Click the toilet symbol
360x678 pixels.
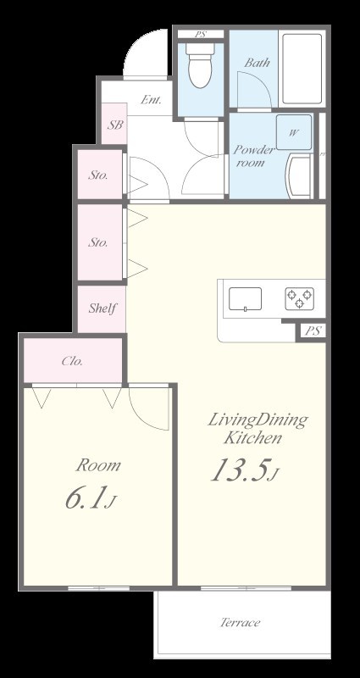point(200,65)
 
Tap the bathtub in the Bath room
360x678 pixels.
point(302,69)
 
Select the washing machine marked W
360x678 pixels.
point(294,132)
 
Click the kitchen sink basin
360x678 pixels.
point(245,299)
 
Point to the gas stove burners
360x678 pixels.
point(299,298)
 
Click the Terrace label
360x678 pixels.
point(241,623)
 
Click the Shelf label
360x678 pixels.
point(102,308)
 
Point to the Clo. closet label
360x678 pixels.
point(72,361)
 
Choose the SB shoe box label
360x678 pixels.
point(115,125)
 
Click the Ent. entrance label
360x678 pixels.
point(151,100)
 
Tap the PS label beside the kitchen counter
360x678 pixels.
point(313,331)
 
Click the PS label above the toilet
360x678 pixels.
point(200,34)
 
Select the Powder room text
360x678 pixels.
point(253,156)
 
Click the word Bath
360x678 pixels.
point(258,63)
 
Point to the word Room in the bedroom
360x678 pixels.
point(98,465)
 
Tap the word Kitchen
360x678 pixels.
point(252,438)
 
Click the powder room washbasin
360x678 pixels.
point(299,176)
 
